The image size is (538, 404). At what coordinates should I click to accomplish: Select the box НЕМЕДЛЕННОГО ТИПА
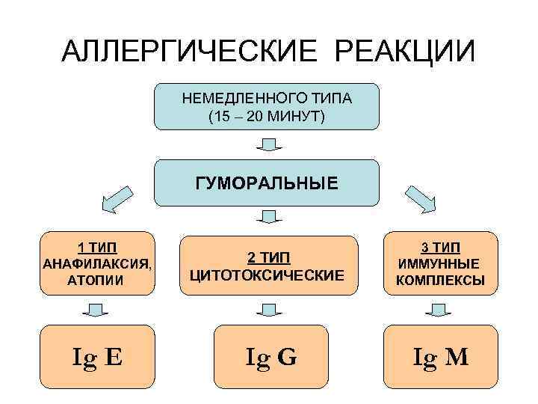click(267, 106)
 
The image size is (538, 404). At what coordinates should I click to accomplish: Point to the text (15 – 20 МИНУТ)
click(267, 116)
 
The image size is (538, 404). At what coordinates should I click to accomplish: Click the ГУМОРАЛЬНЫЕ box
click(267, 182)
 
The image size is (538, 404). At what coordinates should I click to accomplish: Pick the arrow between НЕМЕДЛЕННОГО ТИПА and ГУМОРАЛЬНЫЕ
click(268, 144)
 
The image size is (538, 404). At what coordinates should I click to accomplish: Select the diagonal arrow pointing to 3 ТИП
click(422, 198)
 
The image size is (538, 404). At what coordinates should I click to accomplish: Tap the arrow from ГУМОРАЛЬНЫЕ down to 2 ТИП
click(268, 217)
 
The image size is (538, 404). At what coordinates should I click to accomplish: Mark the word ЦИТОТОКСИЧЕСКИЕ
click(268, 275)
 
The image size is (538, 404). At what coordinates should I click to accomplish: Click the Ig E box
click(98, 357)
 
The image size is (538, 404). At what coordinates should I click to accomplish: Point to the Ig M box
click(441, 357)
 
